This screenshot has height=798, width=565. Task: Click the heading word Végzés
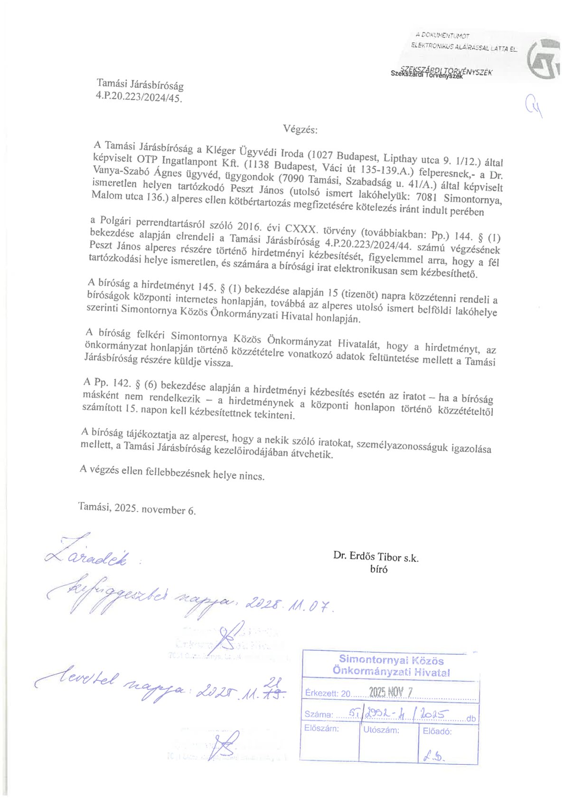pyautogui.click(x=300, y=129)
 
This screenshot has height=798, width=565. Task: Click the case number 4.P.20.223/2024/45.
pyautogui.click(x=139, y=97)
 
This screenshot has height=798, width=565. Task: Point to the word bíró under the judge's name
pyautogui.click(x=378, y=569)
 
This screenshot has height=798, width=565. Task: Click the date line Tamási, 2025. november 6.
pyautogui.click(x=137, y=508)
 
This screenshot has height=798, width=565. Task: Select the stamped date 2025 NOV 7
pyautogui.click(x=392, y=692)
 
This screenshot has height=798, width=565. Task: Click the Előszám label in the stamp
pyautogui.click(x=321, y=728)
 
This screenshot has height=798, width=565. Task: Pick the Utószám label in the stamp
pyautogui.click(x=381, y=730)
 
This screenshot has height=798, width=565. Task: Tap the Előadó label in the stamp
pyautogui.click(x=437, y=731)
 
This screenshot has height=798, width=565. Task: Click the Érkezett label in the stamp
pyautogui.click(x=321, y=693)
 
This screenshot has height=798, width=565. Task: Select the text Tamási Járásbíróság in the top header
pyautogui.click(x=140, y=84)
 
